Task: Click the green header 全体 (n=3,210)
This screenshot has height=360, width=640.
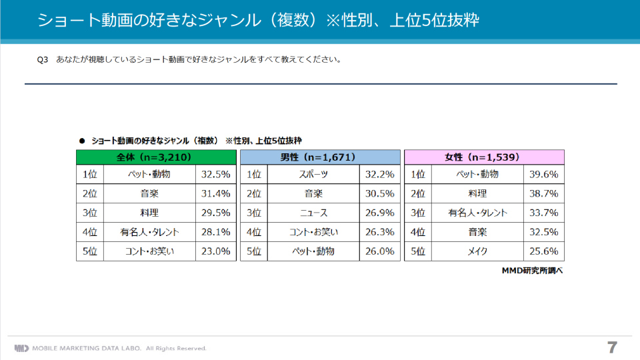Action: pos(156,157)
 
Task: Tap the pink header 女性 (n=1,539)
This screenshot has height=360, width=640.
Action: pos(484,157)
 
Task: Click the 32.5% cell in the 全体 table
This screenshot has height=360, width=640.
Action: pos(216,175)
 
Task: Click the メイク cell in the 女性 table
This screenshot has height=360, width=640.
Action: pos(477,251)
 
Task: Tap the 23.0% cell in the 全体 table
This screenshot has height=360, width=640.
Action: pos(216,251)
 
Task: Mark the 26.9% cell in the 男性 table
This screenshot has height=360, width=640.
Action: pos(380,213)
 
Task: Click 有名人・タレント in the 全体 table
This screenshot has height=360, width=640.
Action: pos(150,233)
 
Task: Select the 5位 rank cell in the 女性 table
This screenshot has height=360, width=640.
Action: pos(418,251)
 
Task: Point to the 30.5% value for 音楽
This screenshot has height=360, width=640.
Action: pos(380,194)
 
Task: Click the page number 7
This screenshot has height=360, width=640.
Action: pos(611,347)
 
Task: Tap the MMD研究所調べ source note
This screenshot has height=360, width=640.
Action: pos(533,271)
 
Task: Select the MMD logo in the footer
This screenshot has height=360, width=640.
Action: pos(21,348)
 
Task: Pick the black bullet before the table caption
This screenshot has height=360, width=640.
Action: pos(82,141)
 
